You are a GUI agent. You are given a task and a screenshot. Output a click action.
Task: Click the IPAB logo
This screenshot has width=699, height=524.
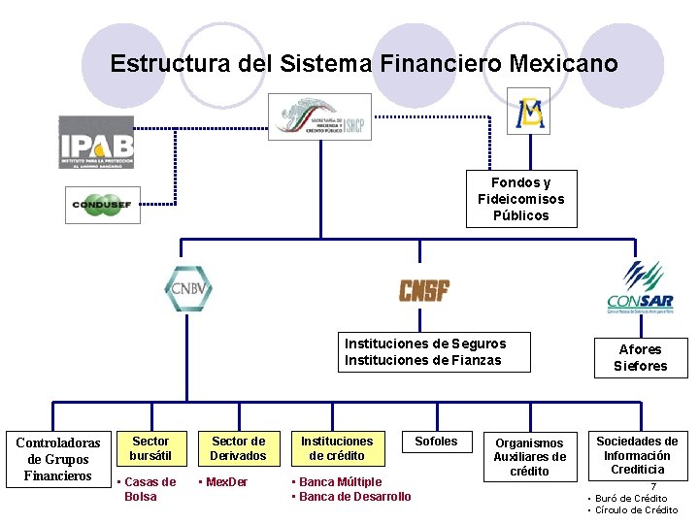[96, 142]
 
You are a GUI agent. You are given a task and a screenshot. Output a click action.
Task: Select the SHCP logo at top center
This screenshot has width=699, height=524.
[319, 117]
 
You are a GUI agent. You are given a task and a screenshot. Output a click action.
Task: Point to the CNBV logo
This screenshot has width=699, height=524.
[188, 288]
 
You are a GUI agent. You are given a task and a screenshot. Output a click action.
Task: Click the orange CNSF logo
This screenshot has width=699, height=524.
[424, 290]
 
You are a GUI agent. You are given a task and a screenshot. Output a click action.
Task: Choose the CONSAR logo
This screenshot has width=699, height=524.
[640, 287]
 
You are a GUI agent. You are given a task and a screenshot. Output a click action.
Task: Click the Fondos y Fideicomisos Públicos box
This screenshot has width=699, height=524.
[521, 199]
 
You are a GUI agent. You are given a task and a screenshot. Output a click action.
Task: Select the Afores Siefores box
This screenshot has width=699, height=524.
[640, 357]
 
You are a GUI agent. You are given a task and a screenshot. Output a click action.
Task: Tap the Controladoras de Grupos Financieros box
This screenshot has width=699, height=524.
[58, 459]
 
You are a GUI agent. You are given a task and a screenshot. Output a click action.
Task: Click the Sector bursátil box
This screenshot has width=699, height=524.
[150, 448]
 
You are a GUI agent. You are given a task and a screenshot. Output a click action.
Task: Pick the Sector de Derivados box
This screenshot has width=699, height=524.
[238, 448]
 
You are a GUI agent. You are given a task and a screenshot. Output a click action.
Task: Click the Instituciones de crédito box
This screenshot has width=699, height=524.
[337, 448]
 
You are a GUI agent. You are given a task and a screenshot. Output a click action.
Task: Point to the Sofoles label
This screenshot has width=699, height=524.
[436, 442]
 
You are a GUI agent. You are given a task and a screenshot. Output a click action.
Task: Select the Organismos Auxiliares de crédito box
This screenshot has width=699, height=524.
[529, 457]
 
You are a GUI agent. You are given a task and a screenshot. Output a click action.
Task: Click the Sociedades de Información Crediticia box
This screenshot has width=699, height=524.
[637, 455]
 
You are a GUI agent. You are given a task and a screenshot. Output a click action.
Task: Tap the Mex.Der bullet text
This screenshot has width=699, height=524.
[225, 482]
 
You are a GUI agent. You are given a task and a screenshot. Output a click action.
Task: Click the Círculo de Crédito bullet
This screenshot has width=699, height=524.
[636, 510]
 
